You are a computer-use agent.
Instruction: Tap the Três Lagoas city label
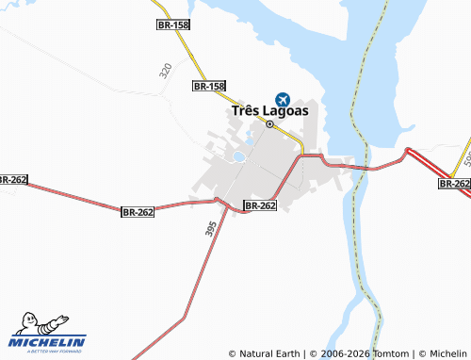coord(269,111)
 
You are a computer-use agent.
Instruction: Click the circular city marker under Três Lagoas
coord(269,124)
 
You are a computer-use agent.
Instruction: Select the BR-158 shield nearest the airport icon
coord(209,86)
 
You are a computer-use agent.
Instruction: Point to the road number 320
coord(166,71)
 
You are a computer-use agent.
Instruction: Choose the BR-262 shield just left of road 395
coord(138,212)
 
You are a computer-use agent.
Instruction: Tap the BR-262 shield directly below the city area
coord(260,205)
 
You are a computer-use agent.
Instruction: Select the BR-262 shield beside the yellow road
coord(454,184)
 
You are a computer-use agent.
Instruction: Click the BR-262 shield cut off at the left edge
coord(11,179)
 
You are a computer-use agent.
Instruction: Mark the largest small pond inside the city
coord(238,157)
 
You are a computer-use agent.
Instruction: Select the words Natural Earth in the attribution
coord(270,353)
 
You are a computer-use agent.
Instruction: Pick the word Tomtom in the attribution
coord(388,353)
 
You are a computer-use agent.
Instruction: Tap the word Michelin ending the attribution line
coord(447,353)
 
